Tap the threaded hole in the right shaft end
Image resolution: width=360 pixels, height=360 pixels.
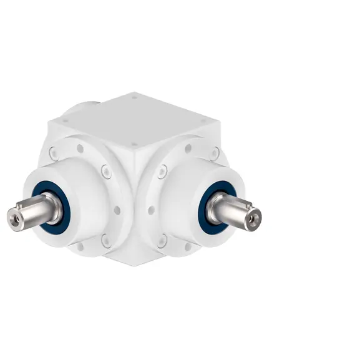point(255,220)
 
